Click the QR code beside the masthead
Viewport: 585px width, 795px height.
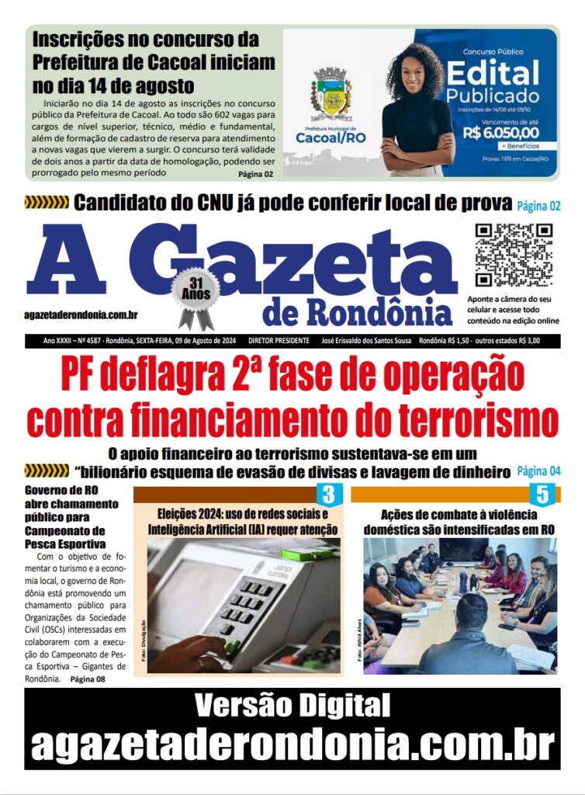[x=513, y=255]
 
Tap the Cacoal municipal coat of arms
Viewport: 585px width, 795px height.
[x=332, y=94]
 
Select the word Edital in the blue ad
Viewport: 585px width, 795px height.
[x=492, y=74]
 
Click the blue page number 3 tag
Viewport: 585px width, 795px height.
[x=328, y=494]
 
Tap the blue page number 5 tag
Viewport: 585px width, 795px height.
[x=542, y=494]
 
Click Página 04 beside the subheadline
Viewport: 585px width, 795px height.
[x=538, y=471]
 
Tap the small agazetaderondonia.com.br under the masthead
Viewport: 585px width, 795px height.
[x=81, y=314]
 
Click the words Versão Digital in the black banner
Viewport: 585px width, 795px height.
[x=292, y=706]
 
